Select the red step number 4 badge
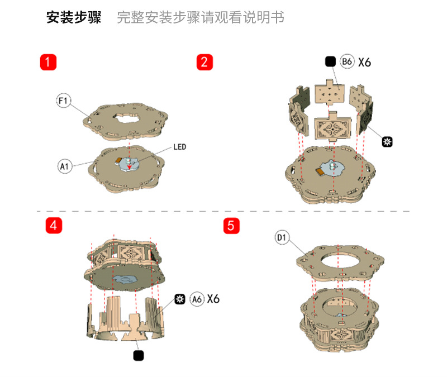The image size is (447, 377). click(53, 225)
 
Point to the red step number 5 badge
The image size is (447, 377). click(231, 226)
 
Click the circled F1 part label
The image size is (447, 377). click(63, 101)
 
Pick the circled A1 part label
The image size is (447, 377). click(65, 166)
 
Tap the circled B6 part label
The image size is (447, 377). click(347, 61)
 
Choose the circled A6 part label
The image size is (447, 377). click(197, 299)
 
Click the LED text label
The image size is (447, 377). click(179, 147)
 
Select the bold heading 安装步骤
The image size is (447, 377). click(74, 18)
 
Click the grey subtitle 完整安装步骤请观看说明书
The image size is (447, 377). click(201, 18)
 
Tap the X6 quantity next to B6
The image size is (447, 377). click(365, 61)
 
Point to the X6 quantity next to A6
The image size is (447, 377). click(213, 299)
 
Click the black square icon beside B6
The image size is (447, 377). click(330, 61)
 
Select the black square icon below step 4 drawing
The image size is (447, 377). click(139, 355)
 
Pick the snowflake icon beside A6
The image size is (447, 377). click(180, 299)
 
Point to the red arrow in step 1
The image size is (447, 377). click(129, 163)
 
